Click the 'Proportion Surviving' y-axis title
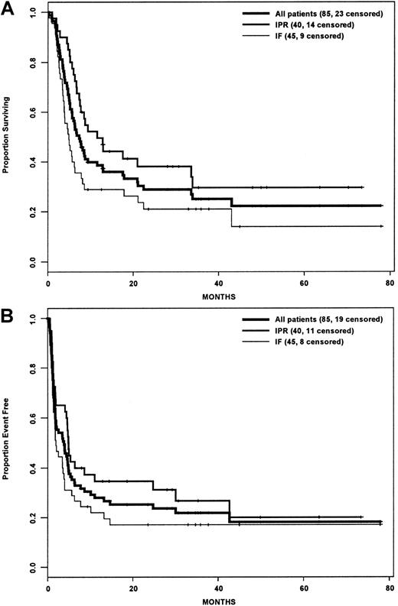click(x=7, y=138)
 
